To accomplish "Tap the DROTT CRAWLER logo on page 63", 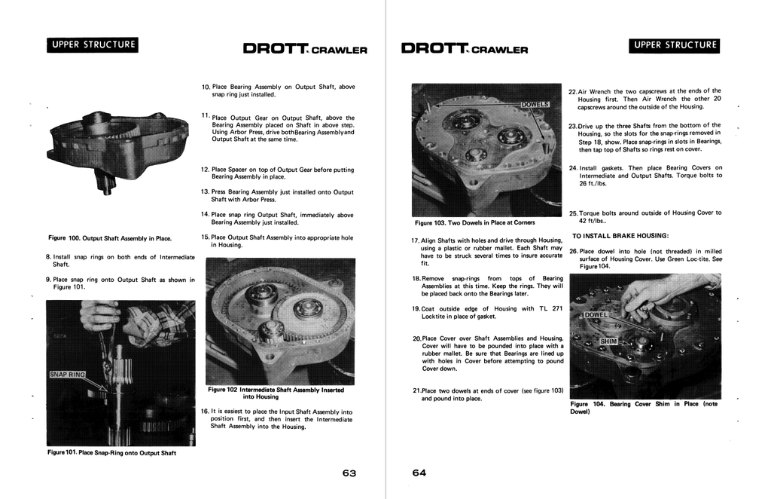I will pyautogui.click(x=304, y=50).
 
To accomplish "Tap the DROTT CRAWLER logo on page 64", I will pyautogui.click(x=465, y=50).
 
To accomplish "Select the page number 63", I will pyautogui.click(x=349, y=473).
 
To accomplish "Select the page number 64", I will pyautogui.click(x=419, y=473).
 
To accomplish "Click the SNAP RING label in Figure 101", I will pyautogui.click(x=68, y=374).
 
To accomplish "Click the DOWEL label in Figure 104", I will pyautogui.click(x=595, y=315).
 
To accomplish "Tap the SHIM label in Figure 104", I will pyautogui.click(x=608, y=341).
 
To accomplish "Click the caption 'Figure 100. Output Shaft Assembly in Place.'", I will pyautogui.click(x=110, y=238).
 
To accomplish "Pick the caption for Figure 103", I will pyautogui.click(x=474, y=222).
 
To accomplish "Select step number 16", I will pyautogui.click(x=205, y=412).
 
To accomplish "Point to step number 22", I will pyautogui.click(x=572, y=91).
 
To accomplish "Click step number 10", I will pyautogui.click(x=206, y=87).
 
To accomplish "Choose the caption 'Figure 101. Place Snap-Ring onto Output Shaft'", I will pyautogui.click(x=111, y=453).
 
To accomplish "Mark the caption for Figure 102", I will pyautogui.click(x=276, y=393).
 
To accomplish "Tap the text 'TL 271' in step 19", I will pyautogui.click(x=548, y=308).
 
